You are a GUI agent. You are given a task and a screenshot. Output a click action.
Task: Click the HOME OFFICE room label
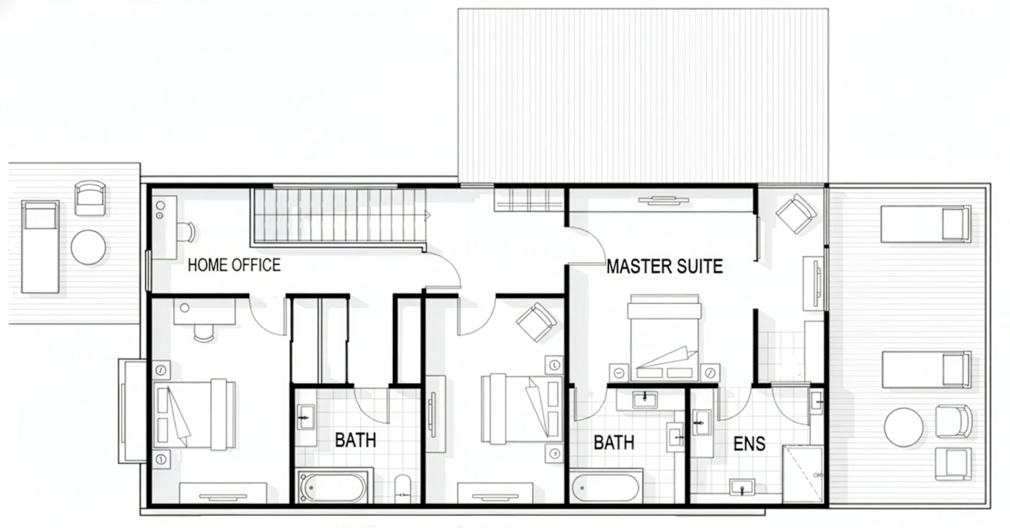[234, 265]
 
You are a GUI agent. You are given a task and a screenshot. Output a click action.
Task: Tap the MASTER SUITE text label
[664, 266]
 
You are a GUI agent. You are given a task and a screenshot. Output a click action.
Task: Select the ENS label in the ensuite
[750, 444]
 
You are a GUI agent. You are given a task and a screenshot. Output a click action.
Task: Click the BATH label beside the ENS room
[614, 442]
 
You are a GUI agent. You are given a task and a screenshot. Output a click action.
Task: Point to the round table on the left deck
[88, 247]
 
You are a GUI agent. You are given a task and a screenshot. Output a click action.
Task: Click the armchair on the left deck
[89, 198]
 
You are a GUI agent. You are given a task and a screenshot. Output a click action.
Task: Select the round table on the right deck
[903, 427]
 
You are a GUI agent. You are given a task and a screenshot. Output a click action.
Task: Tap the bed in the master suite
[664, 338]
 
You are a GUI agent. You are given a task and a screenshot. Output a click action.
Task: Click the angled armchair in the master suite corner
[796, 214]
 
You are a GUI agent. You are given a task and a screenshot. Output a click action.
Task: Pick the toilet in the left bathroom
[403, 488]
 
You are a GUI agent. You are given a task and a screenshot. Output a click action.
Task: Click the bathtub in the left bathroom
[333, 486]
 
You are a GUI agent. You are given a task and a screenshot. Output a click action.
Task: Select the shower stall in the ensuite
[804, 474]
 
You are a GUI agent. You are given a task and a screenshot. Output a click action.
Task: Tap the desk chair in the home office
[187, 232]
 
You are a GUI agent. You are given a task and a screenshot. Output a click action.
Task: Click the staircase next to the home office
[339, 216]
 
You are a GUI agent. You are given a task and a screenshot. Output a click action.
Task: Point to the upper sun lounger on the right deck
[926, 224]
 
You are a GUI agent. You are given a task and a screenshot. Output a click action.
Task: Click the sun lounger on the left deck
[40, 247]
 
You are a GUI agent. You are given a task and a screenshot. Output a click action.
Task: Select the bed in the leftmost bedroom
[195, 414]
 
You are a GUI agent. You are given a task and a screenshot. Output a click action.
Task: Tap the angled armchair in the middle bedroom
[536, 322]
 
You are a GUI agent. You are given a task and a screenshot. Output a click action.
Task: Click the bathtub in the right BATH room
[605, 488]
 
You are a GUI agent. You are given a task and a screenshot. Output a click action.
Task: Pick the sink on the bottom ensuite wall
[742, 487]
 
